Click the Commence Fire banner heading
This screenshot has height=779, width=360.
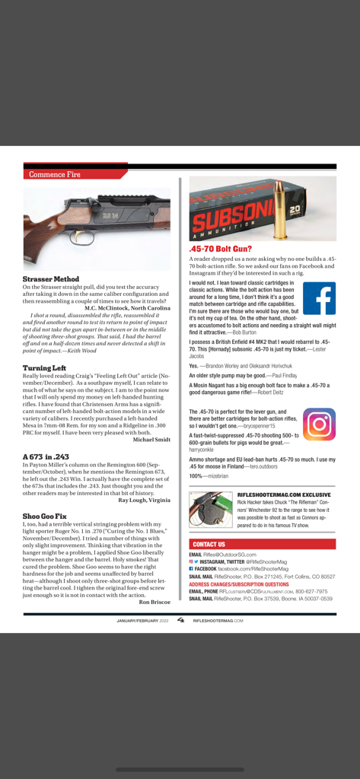[x=54, y=174]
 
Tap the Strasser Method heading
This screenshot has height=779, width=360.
[x=51, y=279]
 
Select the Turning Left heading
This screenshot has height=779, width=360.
[x=47, y=367]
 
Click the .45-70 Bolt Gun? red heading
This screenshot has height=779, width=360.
[x=221, y=249]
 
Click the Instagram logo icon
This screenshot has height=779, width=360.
[x=319, y=424]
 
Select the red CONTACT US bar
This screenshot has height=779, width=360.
[x=262, y=544]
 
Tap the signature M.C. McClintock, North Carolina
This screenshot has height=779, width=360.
[x=127, y=307]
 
